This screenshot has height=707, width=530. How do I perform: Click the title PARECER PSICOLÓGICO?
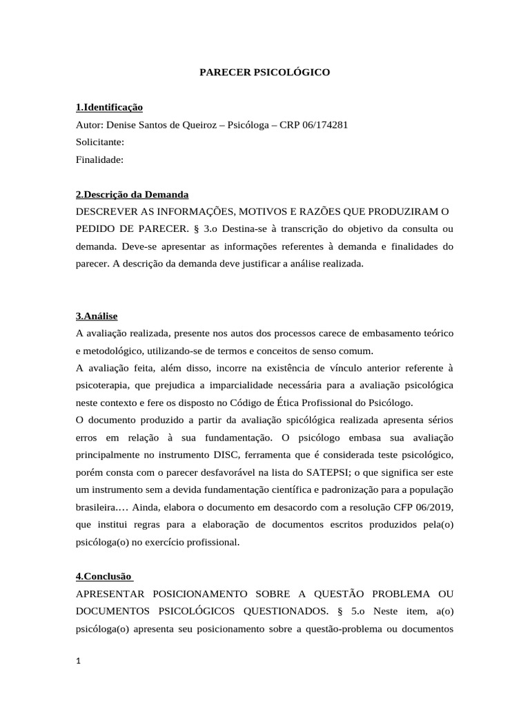pos(265,72)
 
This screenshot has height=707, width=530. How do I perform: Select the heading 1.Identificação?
pos(109,107)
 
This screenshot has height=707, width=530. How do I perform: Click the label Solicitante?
pos(100,142)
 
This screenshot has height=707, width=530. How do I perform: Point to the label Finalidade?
pos(99,160)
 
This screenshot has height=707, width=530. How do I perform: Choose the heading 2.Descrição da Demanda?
pos(132,195)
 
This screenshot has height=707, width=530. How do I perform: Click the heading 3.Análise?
pos(97,316)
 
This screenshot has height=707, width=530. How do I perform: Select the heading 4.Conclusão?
pos(103,577)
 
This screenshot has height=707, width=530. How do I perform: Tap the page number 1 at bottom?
pos(79,661)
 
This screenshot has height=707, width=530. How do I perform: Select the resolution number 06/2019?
pos(435,507)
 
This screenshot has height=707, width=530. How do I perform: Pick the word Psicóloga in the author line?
pos(246,125)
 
